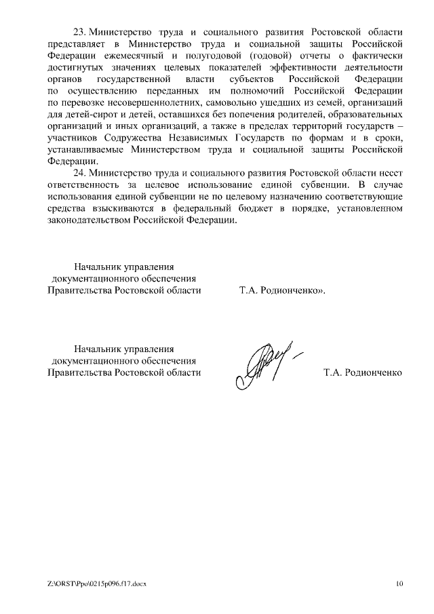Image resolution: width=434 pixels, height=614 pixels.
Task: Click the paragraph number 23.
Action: click(81, 33)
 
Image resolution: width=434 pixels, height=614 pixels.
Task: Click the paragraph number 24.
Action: click(81, 173)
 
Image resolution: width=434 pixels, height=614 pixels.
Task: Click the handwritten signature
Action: click(265, 360)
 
